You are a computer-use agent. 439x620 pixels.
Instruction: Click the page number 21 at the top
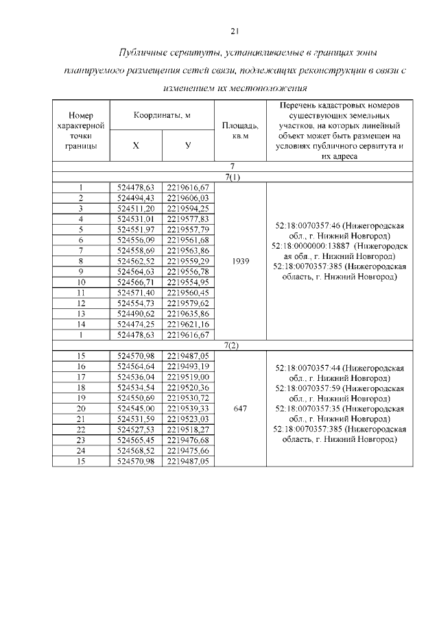click(x=233, y=31)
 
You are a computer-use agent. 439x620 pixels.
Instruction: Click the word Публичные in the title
click(x=143, y=53)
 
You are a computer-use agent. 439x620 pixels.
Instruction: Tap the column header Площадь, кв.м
click(x=240, y=130)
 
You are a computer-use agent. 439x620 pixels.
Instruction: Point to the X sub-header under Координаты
click(x=135, y=145)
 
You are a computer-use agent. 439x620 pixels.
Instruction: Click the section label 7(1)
click(x=233, y=177)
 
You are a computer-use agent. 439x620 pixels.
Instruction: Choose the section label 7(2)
click(x=233, y=345)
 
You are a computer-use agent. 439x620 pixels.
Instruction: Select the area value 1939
click(x=240, y=261)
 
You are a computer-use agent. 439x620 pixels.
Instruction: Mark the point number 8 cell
click(x=81, y=261)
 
